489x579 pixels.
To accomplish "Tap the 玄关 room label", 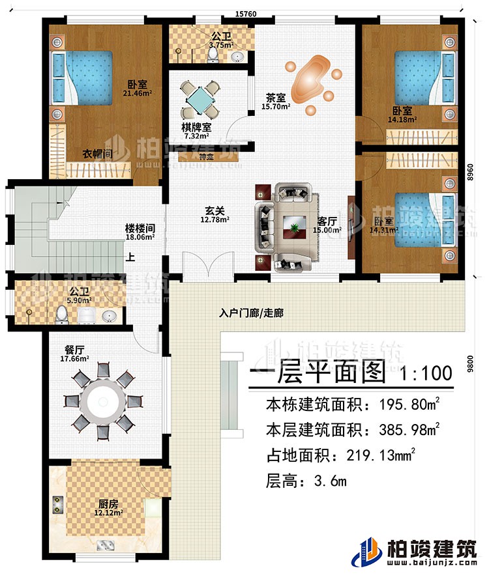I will (x=210, y=211).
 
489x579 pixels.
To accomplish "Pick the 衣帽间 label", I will (x=96, y=153).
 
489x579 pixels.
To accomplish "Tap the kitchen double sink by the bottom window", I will (x=105, y=546).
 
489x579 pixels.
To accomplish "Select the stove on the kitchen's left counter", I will (x=57, y=505).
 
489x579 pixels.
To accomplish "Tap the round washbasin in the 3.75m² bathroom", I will (x=239, y=57).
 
